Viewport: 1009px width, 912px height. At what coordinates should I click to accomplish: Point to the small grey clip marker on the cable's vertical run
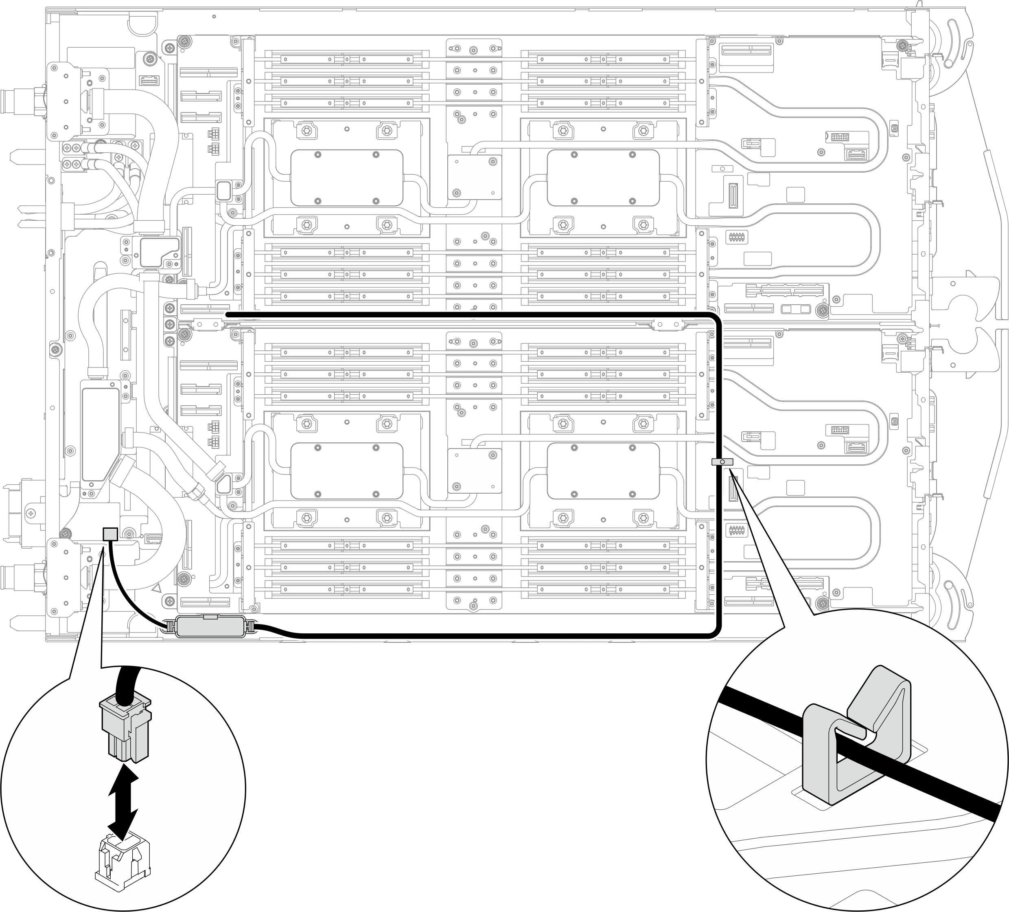[722, 461]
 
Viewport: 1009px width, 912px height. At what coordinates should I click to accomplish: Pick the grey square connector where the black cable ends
[109, 534]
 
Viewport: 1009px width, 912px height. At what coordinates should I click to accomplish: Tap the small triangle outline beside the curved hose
[157, 589]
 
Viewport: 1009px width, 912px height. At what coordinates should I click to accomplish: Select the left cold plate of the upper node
[346, 178]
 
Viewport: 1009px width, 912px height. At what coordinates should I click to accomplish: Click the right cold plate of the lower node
[603, 471]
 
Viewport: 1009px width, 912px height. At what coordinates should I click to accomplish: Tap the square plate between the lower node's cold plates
[473, 471]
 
